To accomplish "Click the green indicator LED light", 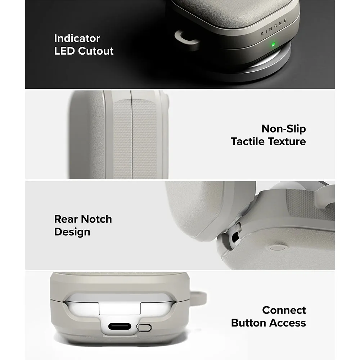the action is coord(273,44).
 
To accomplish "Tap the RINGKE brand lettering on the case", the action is coord(274,28).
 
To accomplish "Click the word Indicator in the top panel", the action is coord(77,38).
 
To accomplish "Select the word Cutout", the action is coord(96,51).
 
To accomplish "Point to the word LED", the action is coord(65,51).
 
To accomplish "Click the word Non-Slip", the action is coord(284,129).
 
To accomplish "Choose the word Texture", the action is coord(287,141).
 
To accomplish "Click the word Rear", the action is coord(66,219).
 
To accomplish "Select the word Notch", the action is coord(96,219).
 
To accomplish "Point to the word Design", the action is coord(72,232).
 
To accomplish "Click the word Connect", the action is coord(284,310).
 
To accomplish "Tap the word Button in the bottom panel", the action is coord(249,323).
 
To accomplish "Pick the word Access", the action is coord(288,323).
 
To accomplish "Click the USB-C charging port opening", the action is coord(120,326).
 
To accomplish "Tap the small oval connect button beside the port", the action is coord(144,327).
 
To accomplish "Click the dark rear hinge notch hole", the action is coord(235,237).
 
